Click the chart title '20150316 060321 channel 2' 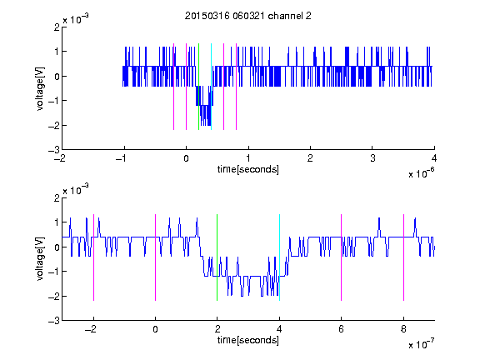coord(248,16)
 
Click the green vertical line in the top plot coord(198,87)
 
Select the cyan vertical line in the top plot coord(211,87)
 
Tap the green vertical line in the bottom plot coord(217,257)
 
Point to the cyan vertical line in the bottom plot coord(279,257)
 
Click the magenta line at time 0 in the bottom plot coord(155,257)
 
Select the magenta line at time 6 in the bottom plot coord(342,257)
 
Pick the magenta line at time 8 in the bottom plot coord(403,257)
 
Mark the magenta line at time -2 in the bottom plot coord(93,257)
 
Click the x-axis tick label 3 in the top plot coord(372,158)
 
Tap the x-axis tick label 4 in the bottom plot coord(279,329)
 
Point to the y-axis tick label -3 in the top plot coord(54,150)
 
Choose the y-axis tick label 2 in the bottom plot coord(57,198)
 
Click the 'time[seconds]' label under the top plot coord(248,169)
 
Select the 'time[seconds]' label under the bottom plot coord(248,340)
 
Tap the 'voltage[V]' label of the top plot coord(40,89)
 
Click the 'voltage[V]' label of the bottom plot coord(40,259)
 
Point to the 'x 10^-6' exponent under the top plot coord(421,172)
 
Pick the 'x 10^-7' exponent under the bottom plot coord(421,344)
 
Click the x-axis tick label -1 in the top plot coord(122,158)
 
